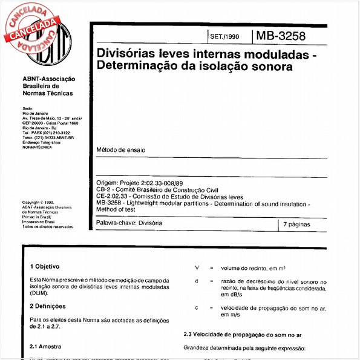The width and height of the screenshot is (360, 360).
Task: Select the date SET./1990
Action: click(x=224, y=36)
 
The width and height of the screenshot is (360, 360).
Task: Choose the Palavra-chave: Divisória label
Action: click(x=129, y=224)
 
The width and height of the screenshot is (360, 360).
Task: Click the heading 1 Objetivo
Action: click(x=45, y=266)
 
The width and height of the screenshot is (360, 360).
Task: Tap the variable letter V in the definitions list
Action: click(x=197, y=267)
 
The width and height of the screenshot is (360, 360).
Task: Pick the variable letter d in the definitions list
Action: click(x=197, y=281)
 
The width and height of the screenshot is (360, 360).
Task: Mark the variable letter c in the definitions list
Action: click(x=197, y=308)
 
